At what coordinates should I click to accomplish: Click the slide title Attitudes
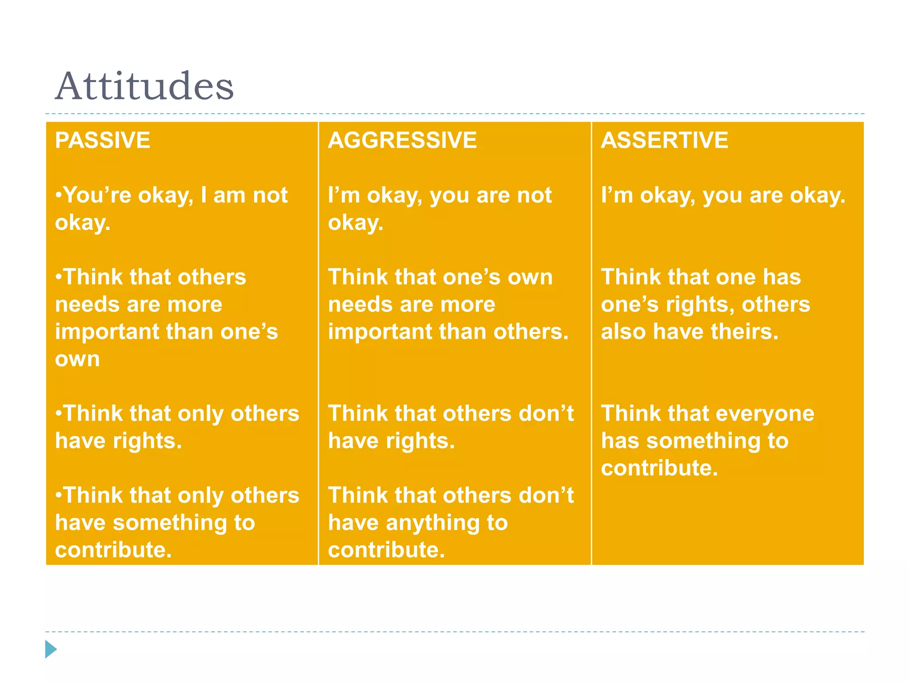[144, 86]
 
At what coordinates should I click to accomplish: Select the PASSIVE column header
[103, 140]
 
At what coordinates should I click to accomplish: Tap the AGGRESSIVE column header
[402, 140]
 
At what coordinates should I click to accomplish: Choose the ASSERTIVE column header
[664, 140]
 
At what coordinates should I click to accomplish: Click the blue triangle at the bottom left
[51, 649]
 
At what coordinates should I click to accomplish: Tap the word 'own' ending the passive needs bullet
[77, 359]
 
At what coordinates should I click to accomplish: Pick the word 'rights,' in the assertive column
[700, 305]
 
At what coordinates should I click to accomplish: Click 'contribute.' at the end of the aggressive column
[386, 550]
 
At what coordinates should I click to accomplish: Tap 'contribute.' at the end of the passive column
[113, 550]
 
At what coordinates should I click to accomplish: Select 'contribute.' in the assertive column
[659, 468]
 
